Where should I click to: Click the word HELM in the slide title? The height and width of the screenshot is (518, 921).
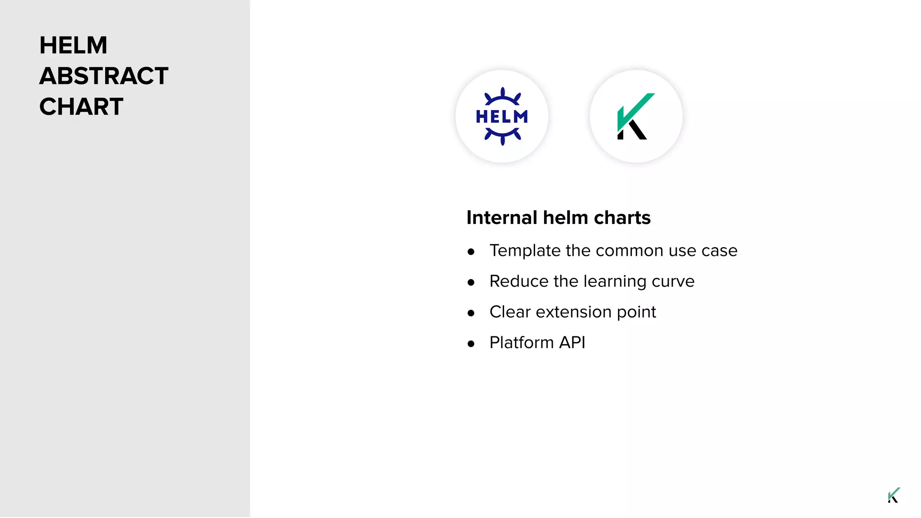click(73, 45)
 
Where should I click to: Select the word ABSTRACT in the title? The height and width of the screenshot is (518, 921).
click(104, 76)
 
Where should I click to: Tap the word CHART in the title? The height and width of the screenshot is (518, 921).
click(81, 107)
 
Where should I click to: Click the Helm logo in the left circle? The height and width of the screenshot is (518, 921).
click(502, 116)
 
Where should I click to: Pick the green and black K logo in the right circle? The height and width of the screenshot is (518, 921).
click(635, 116)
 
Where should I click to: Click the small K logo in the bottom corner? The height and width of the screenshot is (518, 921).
click(894, 495)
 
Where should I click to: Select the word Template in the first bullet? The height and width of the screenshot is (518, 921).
click(525, 251)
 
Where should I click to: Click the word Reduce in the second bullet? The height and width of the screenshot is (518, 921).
click(519, 281)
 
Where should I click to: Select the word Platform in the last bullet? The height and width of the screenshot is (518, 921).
click(522, 343)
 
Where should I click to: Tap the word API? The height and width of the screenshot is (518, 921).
click(572, 343)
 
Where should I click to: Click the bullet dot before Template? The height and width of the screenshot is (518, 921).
click(471, 252)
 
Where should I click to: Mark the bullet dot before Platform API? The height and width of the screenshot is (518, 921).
click(471, 344)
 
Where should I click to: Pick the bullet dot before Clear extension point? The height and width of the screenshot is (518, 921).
click(471, 313)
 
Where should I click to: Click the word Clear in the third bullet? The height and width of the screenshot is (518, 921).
click(510, 312)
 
